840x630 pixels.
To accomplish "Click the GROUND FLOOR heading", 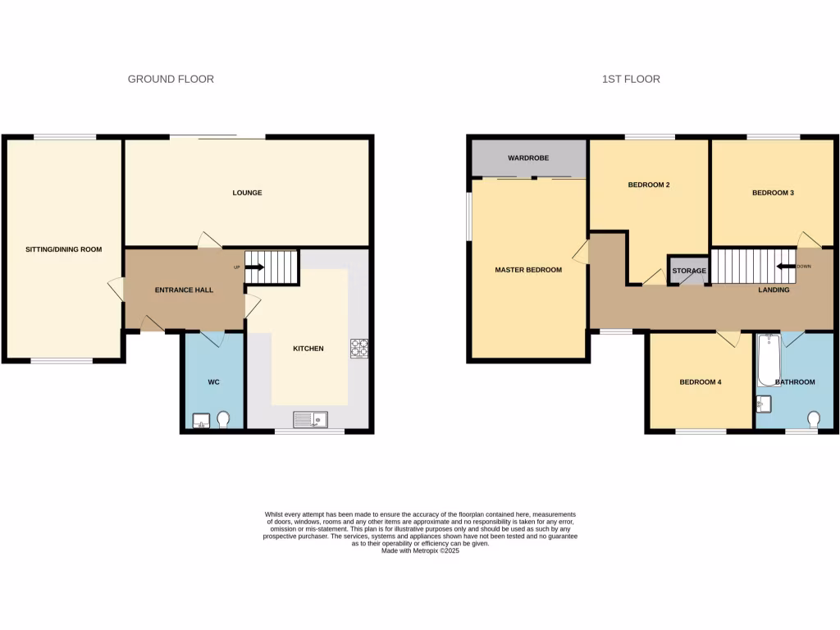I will (171, 80).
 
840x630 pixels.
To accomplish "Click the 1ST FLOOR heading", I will (631, 80).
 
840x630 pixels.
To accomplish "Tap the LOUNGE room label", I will (247, 193).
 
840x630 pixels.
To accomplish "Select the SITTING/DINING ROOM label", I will (64, 249).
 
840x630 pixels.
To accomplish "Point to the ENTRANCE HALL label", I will (184, 290).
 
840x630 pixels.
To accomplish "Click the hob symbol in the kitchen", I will (359, 349).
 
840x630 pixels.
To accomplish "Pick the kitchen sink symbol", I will (310, 419).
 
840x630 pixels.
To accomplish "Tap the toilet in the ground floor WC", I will (226, 420).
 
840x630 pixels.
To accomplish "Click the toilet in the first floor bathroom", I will (815, 419).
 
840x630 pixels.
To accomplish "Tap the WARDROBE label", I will (528, 157).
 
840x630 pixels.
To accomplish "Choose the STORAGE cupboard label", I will (689, 271).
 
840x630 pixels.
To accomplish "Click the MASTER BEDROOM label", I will (528, 270).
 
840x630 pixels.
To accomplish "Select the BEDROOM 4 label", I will (700, 381).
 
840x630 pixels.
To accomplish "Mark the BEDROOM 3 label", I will (773, 193).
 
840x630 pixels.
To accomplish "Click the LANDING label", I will (774, 290).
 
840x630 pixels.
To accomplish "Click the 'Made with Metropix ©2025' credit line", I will (420, 551).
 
